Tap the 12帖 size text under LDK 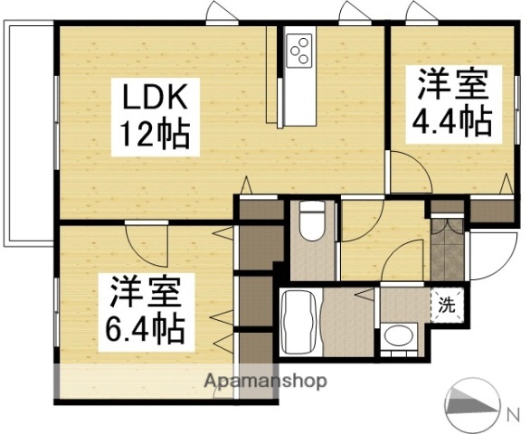coord(155,135)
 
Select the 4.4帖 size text coord(452,119)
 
